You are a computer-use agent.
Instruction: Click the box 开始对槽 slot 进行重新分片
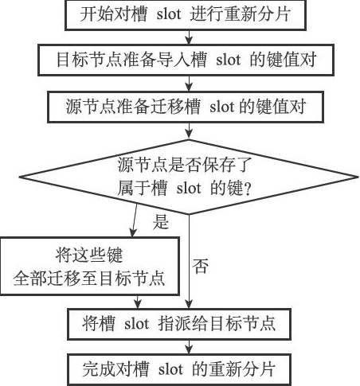tap(186, 14)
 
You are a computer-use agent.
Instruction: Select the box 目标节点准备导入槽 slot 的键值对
tap(186, 60)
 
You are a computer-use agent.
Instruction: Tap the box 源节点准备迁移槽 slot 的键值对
tap(186, 107)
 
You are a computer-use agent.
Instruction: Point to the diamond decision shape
tap(189, 177)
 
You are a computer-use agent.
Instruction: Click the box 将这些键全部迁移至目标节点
tap(90, 266)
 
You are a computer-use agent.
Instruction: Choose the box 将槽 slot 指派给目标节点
tap(179, 324)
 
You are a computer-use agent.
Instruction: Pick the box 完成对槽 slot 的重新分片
tap(179, 369)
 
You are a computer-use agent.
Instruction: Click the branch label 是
tap(161, 221)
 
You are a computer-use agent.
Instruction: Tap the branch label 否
tap(201, 266)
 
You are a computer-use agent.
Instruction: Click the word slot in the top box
tap(169, 14)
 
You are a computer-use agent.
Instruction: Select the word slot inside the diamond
tap(189, 188)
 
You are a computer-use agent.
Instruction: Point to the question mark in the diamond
tap(248, 189)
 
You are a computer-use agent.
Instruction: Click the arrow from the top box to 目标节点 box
tap(189, 37)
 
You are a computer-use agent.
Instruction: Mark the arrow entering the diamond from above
tap(189, 131)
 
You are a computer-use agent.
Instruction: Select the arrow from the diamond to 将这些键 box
tap(135, 220)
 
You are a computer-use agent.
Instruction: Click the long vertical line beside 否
tap(189, 261)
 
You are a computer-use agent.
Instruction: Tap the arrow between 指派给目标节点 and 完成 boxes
tap(189, 347)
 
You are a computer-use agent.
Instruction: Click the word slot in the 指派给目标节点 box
tap(137, 324)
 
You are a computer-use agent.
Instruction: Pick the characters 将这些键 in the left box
tap(89, 255)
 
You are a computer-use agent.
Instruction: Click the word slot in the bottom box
tap(170, 369)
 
